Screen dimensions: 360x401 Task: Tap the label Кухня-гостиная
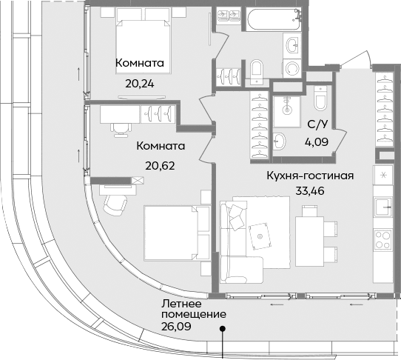point(311,176)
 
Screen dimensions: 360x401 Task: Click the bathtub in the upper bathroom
point(271,20)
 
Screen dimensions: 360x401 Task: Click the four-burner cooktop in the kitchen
point(384,239)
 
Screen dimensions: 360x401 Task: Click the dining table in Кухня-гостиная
point(310,234)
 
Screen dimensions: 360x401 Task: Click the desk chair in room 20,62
point(120,127)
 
